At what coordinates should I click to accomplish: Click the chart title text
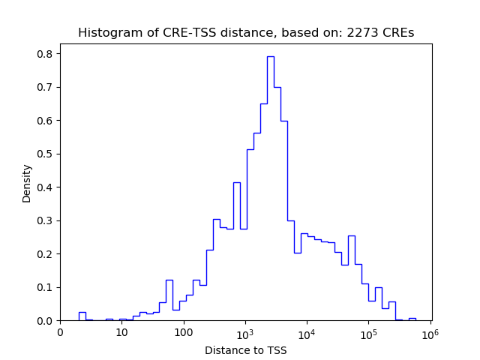[245, 33]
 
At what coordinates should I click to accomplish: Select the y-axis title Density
[27, 183]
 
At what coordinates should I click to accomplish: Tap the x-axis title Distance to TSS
[245, 349]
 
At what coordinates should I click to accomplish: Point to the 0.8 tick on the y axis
[46, 54]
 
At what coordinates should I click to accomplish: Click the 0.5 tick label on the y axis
[46, 154]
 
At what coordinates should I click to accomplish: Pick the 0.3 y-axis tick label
[46, 220]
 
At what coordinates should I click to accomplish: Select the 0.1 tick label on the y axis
[46, 287]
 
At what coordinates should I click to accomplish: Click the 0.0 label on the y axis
[46, 321]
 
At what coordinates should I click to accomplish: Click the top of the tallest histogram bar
[270, 57]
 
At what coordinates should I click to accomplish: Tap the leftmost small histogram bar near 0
[82, 316]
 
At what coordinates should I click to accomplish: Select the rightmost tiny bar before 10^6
[412, 319]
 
